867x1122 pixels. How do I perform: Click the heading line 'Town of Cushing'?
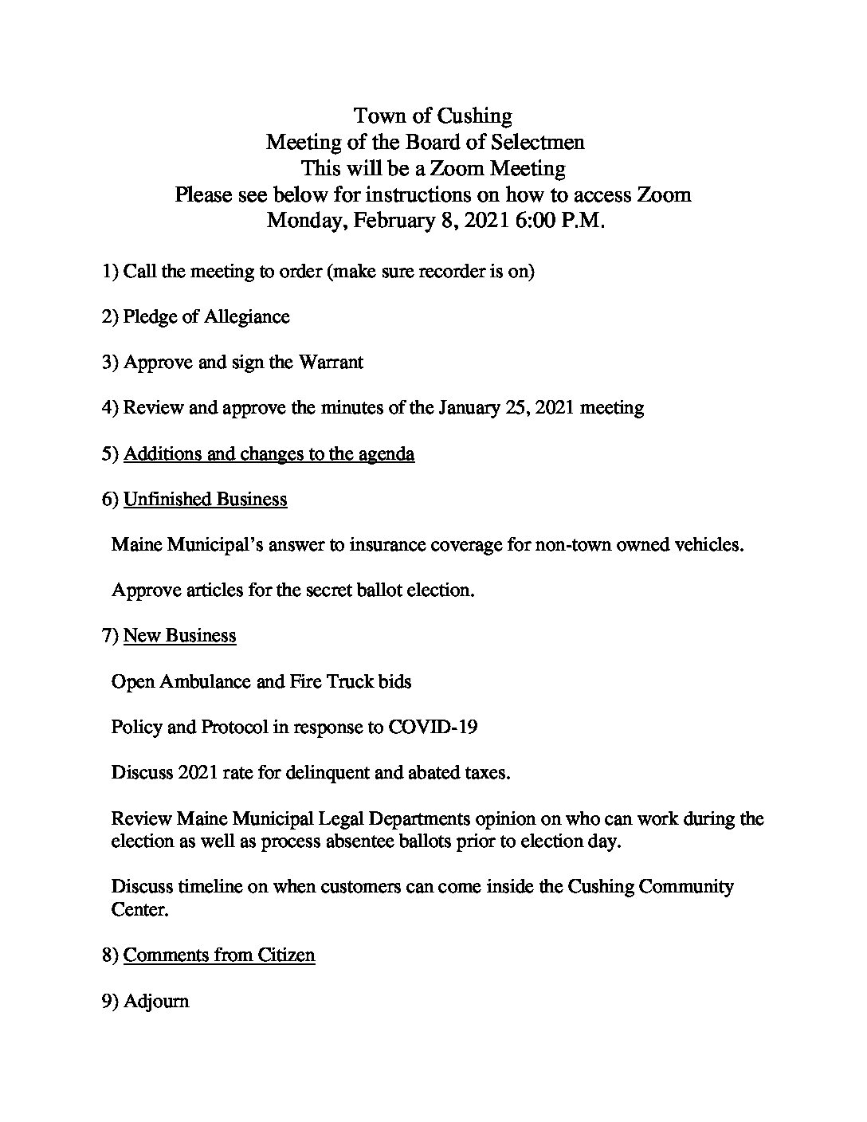(x=433, y=116)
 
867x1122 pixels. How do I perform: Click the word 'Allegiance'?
(x=247, y=317)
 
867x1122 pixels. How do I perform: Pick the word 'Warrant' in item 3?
(x=331, y=363)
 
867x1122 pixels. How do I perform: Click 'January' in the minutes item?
(x=470, y=408)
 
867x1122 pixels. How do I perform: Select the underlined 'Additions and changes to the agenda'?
(x=269, y=454)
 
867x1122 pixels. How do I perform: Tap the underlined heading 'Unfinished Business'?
(x=206, y=500)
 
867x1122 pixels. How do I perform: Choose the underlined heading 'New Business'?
(x=180, y=636)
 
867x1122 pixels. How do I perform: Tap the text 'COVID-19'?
(x=433, y=727)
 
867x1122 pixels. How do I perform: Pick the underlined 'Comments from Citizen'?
(x=219, y=955)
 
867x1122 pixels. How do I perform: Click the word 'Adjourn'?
(x=156, y=1001)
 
